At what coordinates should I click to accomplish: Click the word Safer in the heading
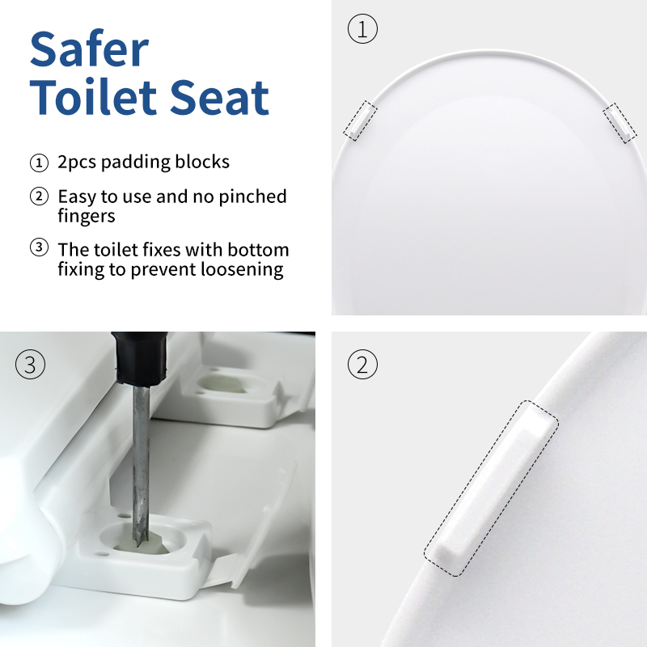[89, 49]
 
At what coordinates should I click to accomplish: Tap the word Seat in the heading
[219, 97]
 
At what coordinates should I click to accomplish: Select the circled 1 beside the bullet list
[39, 163]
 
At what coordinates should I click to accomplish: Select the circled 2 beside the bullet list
[39, 197]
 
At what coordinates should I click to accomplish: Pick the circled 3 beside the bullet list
[39, 247]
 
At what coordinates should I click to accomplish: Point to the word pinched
[252, 197]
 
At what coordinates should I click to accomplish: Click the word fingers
[87, 216]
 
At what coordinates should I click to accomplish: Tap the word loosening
[242, 270]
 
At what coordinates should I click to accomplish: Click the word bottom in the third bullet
[258, 250]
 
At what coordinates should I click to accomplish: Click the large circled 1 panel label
[362, 29]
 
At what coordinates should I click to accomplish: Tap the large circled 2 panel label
[362, 365]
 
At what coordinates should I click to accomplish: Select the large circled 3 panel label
[30, 365]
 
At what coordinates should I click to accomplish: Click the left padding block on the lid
[360, 121]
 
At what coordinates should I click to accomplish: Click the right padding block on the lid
[620, 123]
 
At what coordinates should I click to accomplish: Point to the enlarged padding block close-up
[492, 488]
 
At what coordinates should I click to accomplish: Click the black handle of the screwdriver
[140, 357]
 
